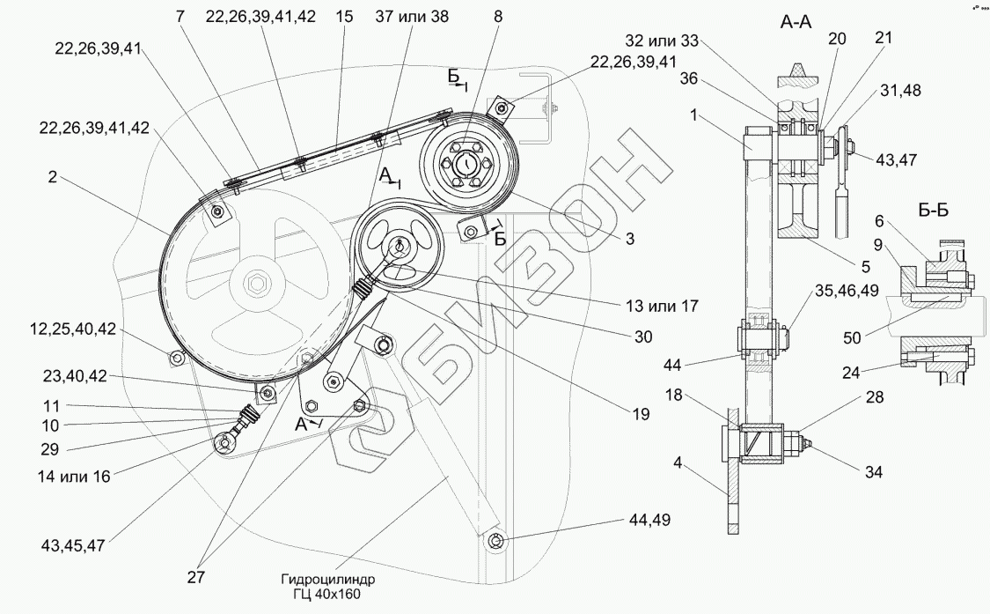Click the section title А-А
[x=796, y=22]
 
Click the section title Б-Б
[x=931, y=211]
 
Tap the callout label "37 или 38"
[x=412, y=17]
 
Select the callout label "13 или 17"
[x=661, y=306]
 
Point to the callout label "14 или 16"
[x=73, y=477]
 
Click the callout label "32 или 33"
[x=663, y=41]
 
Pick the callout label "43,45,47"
[x=73, y=545]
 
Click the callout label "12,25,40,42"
[x=73, y=329]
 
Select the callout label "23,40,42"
[x=75, y=377]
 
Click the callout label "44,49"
[x=649, y=520]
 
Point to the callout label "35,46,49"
[x=847, y=290]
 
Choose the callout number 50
[x=853, y=337]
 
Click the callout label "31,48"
[x=899, y=91]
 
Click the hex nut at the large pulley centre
[x=256, y=283]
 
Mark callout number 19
[x=641, y=414]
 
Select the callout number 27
[x=195, y=578]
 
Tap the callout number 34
[x=873, y=471]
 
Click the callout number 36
[x=689, y=78]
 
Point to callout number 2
[x=52, y=177]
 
